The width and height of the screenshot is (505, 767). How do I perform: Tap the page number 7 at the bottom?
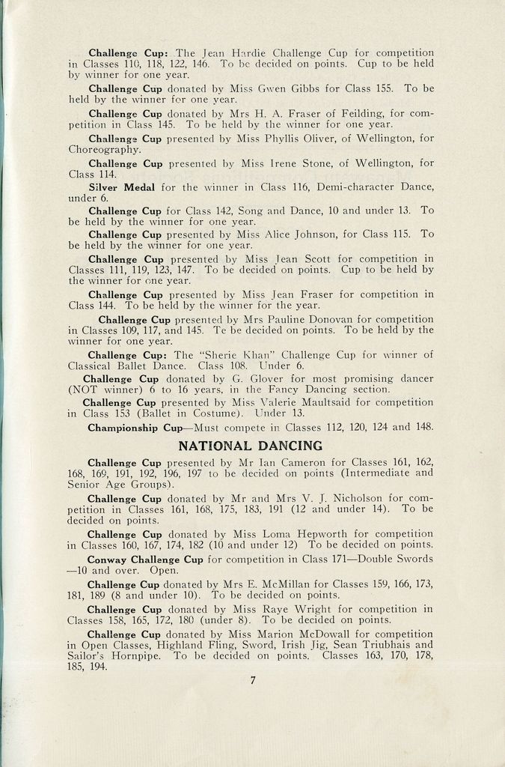[253, 680]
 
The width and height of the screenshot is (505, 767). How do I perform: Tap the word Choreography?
[105, 149]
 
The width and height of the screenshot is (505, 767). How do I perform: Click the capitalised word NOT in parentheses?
[85, 389]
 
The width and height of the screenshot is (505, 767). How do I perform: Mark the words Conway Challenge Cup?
[145, 560]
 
